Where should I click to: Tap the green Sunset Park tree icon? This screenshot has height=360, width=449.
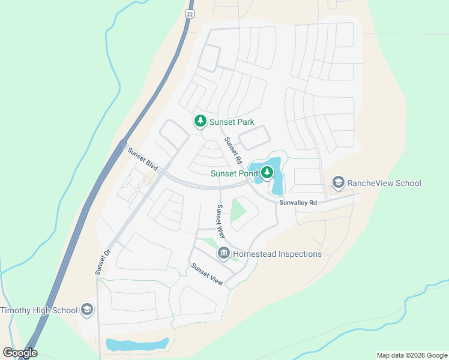pos(200,121)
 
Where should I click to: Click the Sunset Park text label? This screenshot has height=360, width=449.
pos(232,122)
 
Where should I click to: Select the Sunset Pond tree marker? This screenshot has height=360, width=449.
pos(266,173)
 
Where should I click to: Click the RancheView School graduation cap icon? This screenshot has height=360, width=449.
pos(338,183)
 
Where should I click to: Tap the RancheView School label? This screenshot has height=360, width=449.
pos(384,183)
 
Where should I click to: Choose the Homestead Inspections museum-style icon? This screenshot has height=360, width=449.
pos(224,254)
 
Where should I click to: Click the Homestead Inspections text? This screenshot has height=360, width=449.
pos(277,254)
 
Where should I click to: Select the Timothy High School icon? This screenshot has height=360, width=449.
pos(87,310)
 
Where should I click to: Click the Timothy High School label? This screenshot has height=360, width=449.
pos(39,310)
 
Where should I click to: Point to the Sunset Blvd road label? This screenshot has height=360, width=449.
pos(142,160)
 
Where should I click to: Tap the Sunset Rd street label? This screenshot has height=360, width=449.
pos(233,151)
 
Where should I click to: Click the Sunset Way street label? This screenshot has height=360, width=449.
pos(220,221)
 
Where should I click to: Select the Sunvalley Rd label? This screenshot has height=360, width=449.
pos(298,203)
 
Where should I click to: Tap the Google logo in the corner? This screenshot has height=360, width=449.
pos(20,353)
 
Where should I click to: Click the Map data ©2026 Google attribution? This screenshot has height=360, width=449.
pos(412,355)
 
